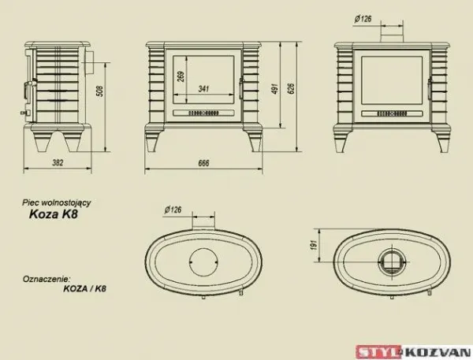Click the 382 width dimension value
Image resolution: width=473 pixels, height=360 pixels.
[x=58, y=163]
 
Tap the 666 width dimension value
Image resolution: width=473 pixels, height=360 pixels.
[x=203, y=163]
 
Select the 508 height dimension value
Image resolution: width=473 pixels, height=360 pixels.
[x=99, y=91]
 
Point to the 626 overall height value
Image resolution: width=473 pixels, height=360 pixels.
[x=291, y=88]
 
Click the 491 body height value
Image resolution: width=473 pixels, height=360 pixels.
[x=275, y=88]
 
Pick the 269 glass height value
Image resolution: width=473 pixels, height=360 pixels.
[x=181, y=77]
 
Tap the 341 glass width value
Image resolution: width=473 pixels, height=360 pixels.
[x=204, y=89]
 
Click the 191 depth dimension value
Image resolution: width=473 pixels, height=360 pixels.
[x=314, y=245]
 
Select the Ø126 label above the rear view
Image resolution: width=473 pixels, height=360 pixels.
[x=363, y=19]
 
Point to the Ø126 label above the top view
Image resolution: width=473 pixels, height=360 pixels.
[x=173, y=210]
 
